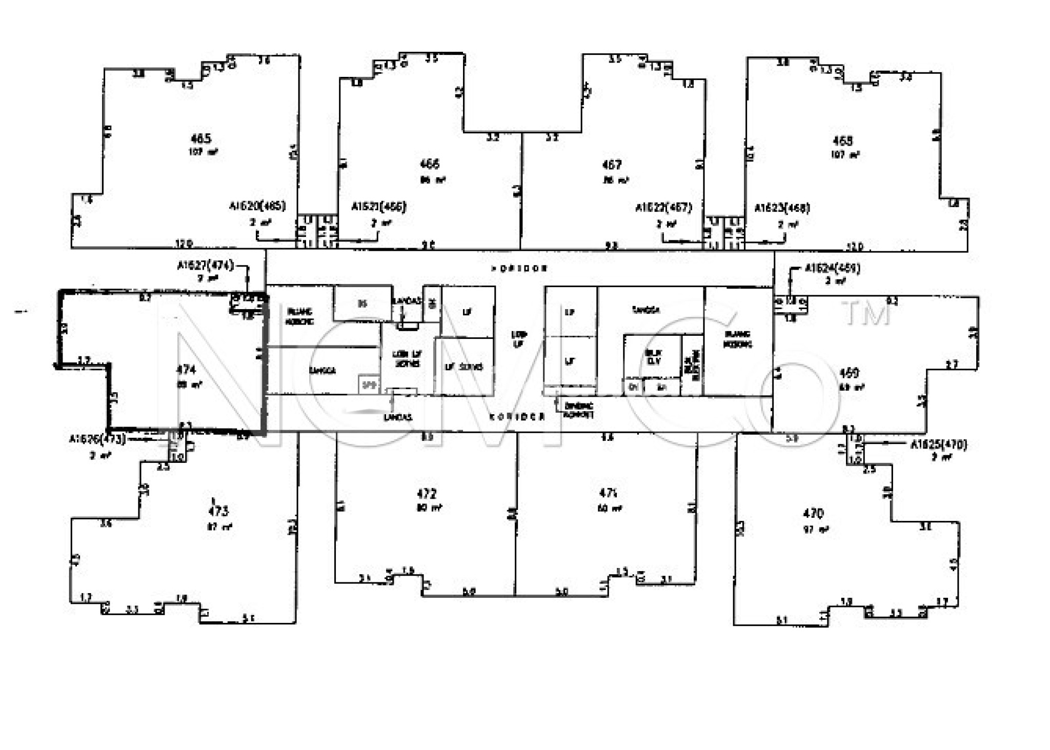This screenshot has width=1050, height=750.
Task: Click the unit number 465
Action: pyautogui.click(x=200, y=138)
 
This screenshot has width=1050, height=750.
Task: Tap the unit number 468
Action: pyautogui.click(x=843, y=140)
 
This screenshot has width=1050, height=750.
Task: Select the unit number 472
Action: pyautogui.click(x=427, y=494)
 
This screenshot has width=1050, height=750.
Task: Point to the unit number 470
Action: pyautogui.click(x=813, y=513)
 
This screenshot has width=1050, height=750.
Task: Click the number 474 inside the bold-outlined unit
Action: pyautogui.click(x=186, y=370)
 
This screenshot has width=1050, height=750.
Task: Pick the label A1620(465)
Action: pyautogui.click(x=257, y=206)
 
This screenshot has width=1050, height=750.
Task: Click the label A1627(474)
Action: pyautogui.click(x=205, y=266)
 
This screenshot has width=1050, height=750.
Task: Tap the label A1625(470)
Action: pyautogui.click(x=938, y=444)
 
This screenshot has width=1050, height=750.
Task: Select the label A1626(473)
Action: pyautogui.click(x=97, y=439)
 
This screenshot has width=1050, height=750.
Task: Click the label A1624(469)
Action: pyautogui.click(x=833, y=268)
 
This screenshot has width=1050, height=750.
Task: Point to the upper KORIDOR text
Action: pyautogui.click(x=519, y=269)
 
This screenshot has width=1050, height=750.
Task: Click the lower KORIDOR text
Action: pyautogui.click(x=517, y=417)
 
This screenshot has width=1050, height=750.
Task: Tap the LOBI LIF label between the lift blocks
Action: pyautogui.click(x=519, y=339)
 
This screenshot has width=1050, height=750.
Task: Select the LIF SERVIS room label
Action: pyautogui.click(x=463, y=367)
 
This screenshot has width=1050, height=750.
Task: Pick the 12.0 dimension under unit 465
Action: pyautogui.click(x=184, y=244)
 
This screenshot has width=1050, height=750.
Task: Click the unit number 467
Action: pyautogui.click(x=612, y=165)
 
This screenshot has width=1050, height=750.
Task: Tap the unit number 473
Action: pyautogui.click(x=218, y=511)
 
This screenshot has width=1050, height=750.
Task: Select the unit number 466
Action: pyautogui.click(x=430, y=164)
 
